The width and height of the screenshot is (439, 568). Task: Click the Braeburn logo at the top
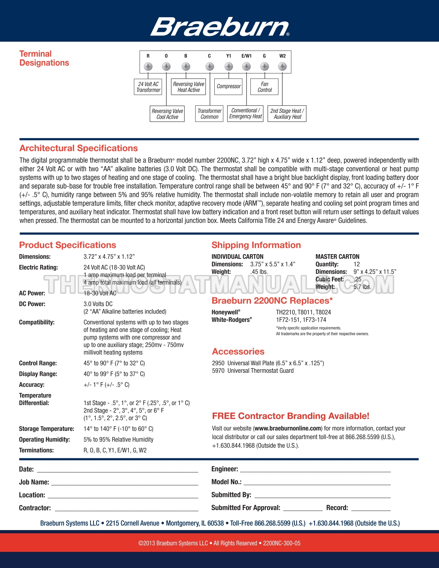(219, 27)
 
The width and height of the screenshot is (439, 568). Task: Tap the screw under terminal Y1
(229, 66)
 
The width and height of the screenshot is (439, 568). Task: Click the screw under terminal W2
(282, 66)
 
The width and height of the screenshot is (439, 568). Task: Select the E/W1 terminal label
(246, 56)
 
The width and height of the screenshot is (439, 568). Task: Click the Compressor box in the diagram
(228, 87)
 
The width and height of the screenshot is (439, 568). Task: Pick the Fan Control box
(264, 87)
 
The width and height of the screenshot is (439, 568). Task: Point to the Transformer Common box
(209, 114)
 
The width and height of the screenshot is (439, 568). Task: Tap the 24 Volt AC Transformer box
(148, 87)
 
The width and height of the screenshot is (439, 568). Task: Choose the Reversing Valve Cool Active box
(167, 114)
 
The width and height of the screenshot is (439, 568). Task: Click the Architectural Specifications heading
(79, 148)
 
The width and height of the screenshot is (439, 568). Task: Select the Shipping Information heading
(256, 245)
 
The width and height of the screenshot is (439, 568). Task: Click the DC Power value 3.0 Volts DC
(98, 304)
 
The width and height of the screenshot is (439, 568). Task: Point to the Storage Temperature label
(47, 429)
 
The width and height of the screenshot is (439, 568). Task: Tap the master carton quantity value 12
(357, 264)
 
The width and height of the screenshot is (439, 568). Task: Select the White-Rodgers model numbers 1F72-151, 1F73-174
(301, 320)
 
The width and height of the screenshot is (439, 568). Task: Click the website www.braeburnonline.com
(288, 428)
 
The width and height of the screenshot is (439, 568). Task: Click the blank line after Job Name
(125, 484)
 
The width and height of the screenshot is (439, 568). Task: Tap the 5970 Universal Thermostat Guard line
(253, 371)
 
